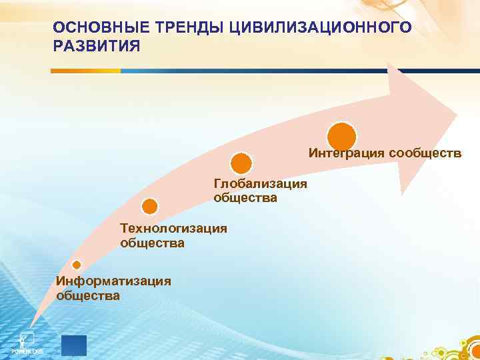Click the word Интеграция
(x=346, y=153)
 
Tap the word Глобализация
(x=260, y=183)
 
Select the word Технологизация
(x=173, y=229)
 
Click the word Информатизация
(x=113, y=281)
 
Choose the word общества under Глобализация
(x=245, y=198)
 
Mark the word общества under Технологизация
(x=152, y=243)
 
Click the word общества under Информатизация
(x=88, y=295)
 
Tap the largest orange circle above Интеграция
(x=341, y=135)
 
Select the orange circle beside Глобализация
(x=241, y=163)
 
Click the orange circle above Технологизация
(x=151, y=207)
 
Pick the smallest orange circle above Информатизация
(x=77, y=265)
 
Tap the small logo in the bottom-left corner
(x=27, y=340)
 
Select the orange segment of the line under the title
(x=87, y=71)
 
